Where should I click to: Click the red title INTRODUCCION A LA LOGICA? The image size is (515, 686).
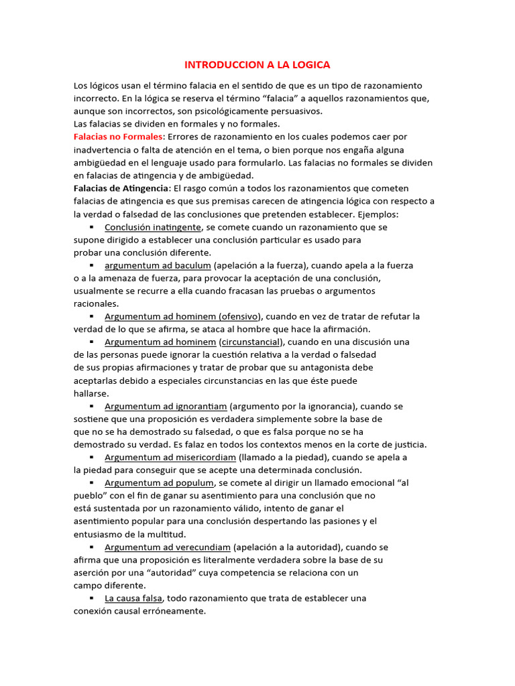257,65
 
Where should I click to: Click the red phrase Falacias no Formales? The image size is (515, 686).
118,137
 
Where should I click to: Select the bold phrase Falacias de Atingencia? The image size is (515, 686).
121,188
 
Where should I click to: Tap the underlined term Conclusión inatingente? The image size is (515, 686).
152,227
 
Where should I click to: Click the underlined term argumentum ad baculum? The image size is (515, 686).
154,265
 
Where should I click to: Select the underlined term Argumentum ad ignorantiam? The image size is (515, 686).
166,406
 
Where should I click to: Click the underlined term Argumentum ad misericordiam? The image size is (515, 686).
170,458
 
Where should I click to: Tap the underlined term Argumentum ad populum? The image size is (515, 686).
159,483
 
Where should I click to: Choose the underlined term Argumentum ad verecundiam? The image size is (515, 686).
168,547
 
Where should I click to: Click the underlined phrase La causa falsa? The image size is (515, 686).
133,598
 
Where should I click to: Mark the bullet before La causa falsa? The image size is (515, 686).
91,598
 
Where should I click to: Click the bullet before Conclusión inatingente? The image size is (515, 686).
91,227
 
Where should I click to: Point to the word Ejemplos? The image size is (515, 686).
378,214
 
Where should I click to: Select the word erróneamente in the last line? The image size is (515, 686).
172,612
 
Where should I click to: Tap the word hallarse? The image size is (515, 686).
91,393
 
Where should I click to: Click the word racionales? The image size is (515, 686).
96,303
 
